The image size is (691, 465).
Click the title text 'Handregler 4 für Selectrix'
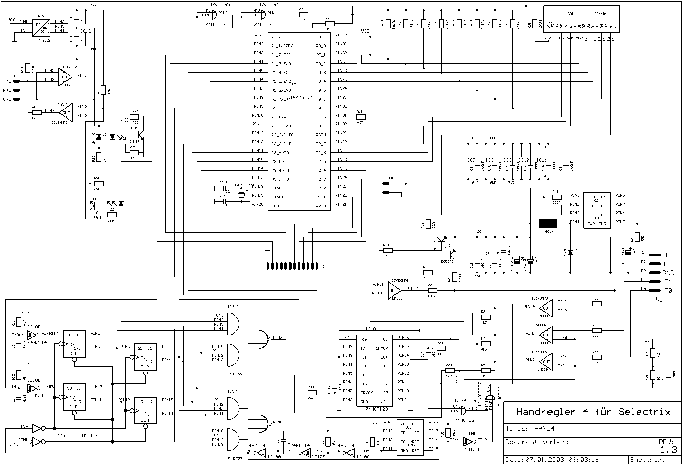[593, 412]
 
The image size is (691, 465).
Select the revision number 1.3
[668, 450]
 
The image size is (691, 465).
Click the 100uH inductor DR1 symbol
[548, 224]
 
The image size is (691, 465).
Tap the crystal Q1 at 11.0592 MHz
[241, 195]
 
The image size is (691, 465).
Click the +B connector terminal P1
[655, 255]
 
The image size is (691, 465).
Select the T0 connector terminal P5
[655, 290]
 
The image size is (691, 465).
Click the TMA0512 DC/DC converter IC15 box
[41, 28]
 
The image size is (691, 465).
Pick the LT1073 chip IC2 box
[597, 210]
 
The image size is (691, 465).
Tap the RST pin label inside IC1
[275, 108]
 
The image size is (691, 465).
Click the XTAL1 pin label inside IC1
[277, 197]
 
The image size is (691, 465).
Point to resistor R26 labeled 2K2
[303, 15]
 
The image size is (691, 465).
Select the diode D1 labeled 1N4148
[99, 137]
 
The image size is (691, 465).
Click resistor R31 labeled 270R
[535, 24]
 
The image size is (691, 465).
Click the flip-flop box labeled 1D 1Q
[74, 344]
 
